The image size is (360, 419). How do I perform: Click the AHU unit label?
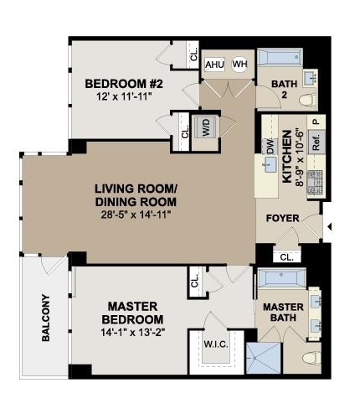pos(214,65)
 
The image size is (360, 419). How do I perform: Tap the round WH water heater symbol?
pos(239,65)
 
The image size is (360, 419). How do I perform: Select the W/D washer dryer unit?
pos(206,127)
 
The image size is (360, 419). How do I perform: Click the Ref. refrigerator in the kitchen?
pos(316,142)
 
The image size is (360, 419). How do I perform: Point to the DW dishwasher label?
pos(270,147)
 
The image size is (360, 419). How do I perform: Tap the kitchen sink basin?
pos(269,165)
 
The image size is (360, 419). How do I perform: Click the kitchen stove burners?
pos(315,183)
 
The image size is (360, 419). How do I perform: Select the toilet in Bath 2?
pos(308,101)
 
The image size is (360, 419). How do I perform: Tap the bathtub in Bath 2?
pos(280,58)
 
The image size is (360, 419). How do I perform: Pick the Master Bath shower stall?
pos(263,358)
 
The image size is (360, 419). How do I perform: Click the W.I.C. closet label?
pos(216,344)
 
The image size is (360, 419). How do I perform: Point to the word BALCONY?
pos(46,318)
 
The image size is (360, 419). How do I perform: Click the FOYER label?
pos(282,218)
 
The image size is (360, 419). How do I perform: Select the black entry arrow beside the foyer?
pos(329,227)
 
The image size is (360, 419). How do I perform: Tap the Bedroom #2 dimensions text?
pos(124,96)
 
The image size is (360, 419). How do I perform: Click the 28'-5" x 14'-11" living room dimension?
pos(136,215)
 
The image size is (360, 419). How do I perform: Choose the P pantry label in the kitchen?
pos(316,122)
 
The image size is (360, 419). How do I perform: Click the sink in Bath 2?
pos(311,77)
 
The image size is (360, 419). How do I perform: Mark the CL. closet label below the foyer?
pos(286,257)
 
